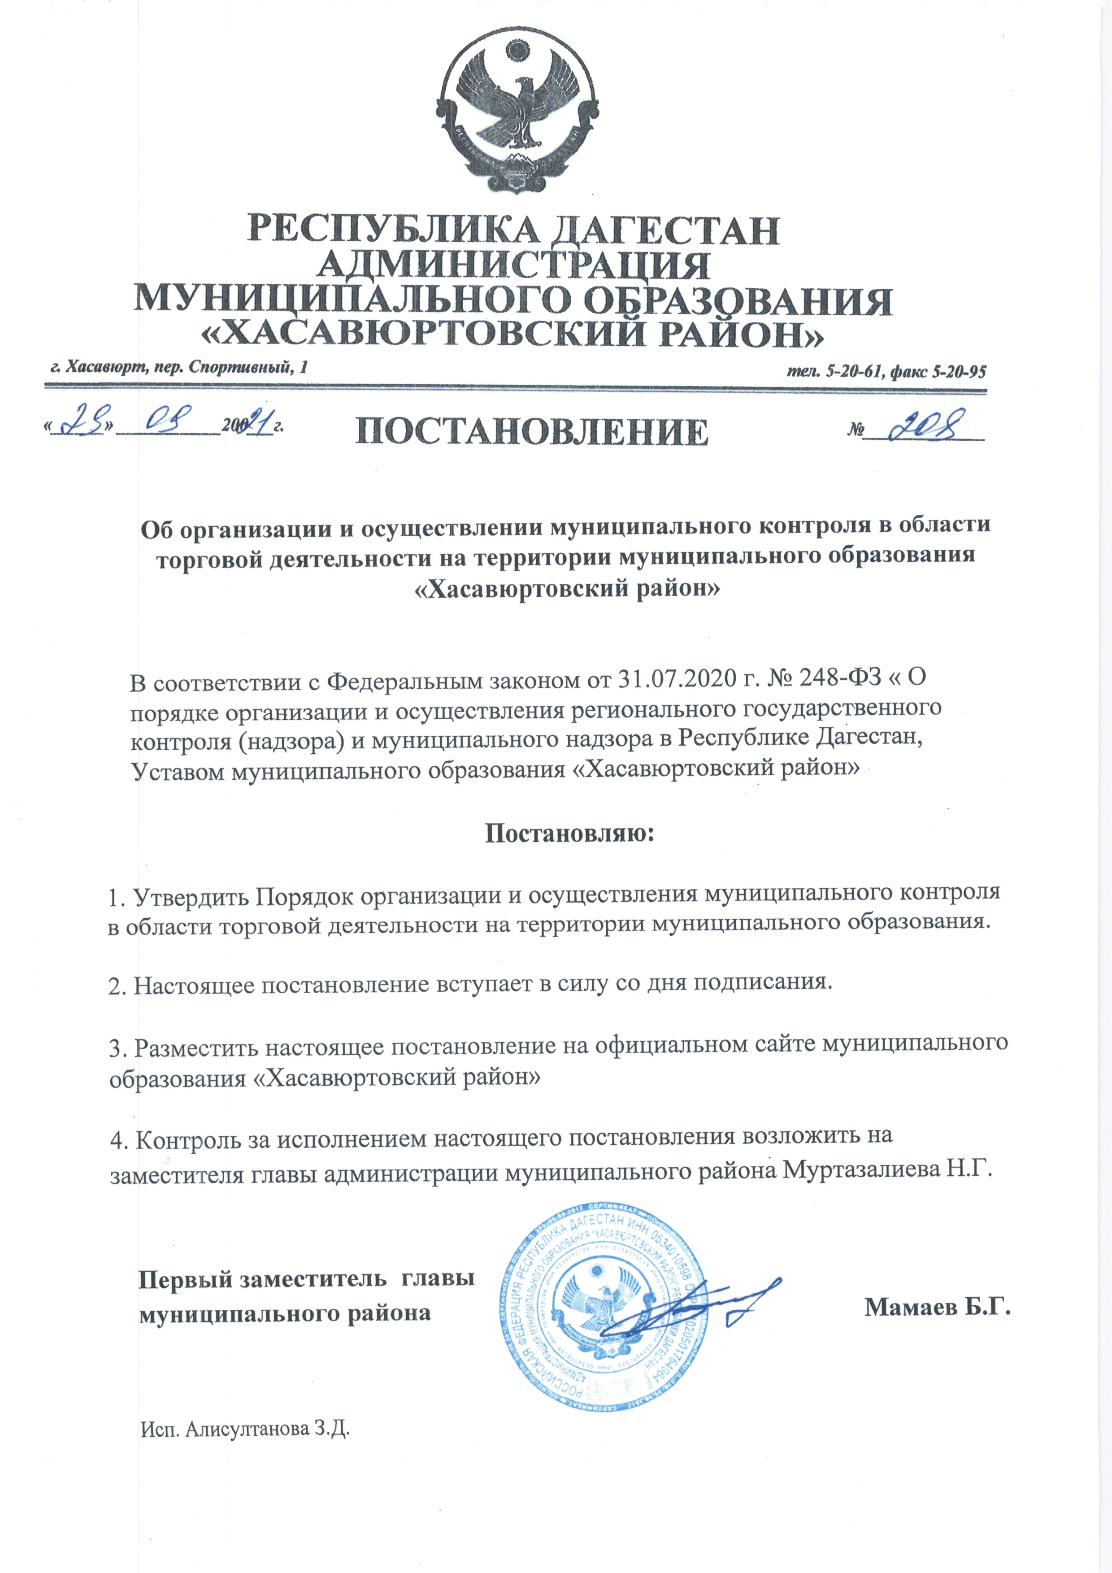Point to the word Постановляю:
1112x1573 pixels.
point(570,833)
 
